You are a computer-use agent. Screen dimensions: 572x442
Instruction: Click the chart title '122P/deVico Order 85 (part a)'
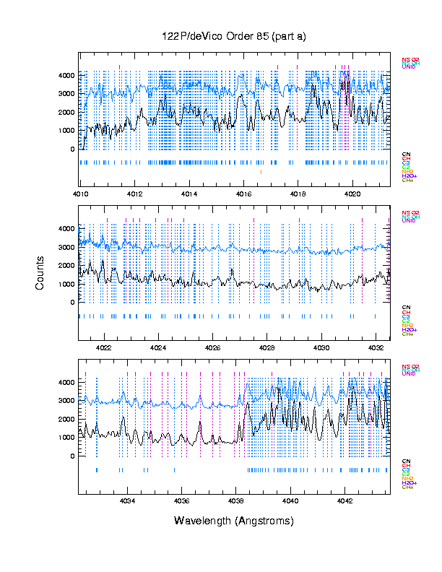click(x=234, y=36)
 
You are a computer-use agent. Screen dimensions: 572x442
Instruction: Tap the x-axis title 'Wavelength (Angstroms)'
click(x=234, y=521)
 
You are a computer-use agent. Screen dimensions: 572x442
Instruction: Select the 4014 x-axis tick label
click(x=189, y=194)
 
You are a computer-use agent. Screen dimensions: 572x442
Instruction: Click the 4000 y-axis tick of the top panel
click(x=67, y=75)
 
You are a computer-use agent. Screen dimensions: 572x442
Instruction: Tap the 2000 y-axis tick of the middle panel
click(x=67, y=265)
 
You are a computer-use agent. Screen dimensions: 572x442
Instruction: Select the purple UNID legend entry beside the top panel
click(x=408, y=67)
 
